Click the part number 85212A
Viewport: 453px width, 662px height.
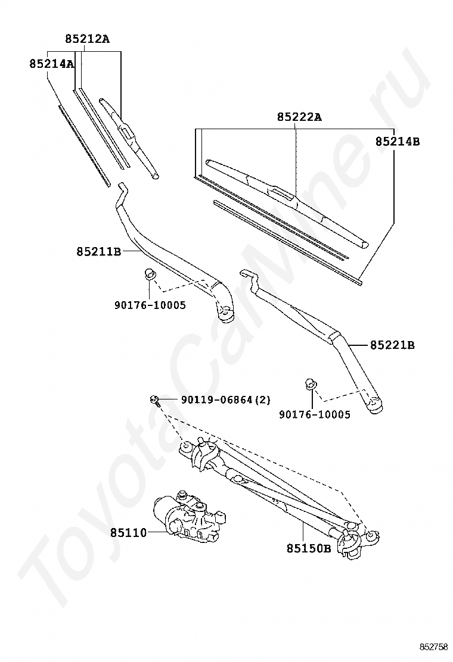tap(88, 39)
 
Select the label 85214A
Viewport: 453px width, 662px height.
tap(51, 63)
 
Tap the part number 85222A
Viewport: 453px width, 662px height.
tap(299, 117)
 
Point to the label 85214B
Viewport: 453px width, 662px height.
tap(398, 142)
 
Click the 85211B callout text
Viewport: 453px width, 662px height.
tap(99, 251)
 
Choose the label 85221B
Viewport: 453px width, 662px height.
tap(392, 344)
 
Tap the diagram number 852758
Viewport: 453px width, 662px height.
tap(433, 647)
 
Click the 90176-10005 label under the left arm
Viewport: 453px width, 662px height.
tap(150, 305)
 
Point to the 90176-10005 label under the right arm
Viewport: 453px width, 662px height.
tap(315, 414)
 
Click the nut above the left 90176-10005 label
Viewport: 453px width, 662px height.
tap(150, 274)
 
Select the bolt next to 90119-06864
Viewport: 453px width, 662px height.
tap(155, 400)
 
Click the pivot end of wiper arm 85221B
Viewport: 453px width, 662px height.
tap(374, 405)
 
